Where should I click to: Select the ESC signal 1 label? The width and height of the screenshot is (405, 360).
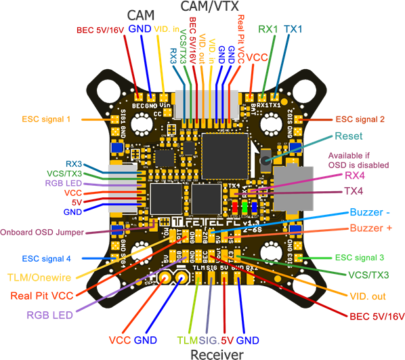[x=46, y=119]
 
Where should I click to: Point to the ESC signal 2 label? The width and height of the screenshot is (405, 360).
[x=360, y=119]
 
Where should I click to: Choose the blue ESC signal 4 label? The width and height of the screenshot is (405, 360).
[x=46, y=258]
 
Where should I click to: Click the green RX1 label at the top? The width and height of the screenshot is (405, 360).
[x=268, y=30]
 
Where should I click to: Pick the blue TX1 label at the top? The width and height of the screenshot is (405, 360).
[x=293, y=30]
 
